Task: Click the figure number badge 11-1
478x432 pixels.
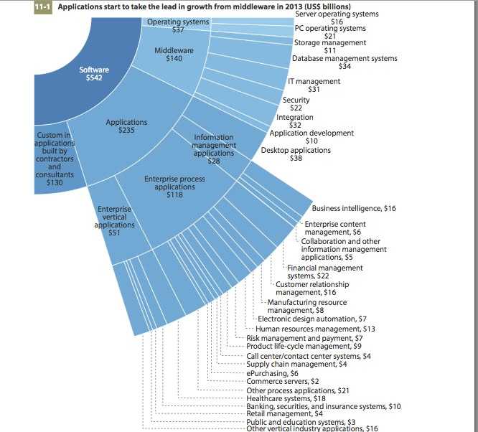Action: click(43, 7)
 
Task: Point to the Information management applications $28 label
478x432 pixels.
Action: click(214, 149)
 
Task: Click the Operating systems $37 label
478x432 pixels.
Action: click(178, 26)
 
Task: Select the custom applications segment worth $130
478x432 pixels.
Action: click(55, 159)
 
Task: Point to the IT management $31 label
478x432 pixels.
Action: click(314, 85)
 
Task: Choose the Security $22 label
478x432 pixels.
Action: click(296, 103)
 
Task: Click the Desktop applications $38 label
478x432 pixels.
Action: click(296, 154)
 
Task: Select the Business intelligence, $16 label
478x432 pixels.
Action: click(354, 208)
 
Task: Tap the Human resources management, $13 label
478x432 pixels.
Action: click(315, 329)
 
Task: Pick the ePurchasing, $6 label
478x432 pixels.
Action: click(272, 373)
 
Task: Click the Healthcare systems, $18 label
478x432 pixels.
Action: click(286, 398)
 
